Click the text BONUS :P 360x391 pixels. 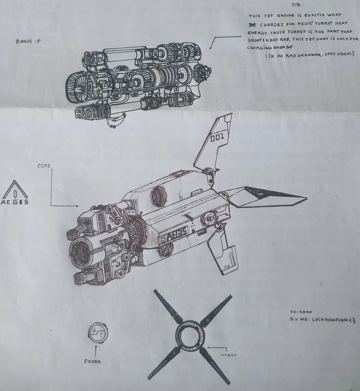28,41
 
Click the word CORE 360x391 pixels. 44,166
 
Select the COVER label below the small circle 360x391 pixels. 93,361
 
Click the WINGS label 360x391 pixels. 228,354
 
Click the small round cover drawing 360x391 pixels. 98,332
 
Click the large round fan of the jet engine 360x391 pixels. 77,89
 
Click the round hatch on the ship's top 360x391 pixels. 158,196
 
